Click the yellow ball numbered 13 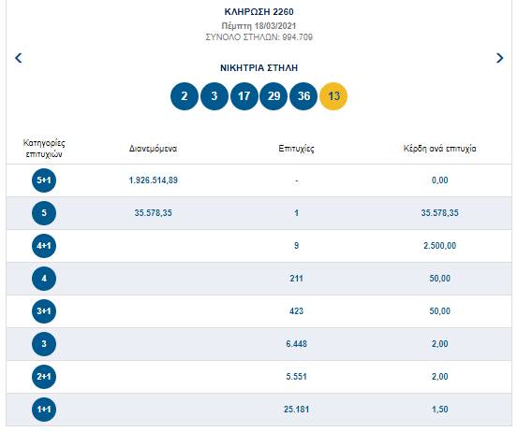[333, 96]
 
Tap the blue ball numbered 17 [244, 96]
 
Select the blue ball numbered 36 [303, 96]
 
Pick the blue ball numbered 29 [274, 96]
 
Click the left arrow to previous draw [19, 58]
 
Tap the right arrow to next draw [499, 58]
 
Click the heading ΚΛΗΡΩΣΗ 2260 [259, 12]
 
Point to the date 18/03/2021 [274, 26]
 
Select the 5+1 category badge [44, 180]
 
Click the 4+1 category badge [44, 246]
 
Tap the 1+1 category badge [44, 410]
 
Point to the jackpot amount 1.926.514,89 [154, 180]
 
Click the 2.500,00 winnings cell [439, 246]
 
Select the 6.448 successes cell [296, 343]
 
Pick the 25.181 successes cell [296, 410]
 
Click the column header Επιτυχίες [296, 149]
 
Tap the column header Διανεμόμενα [153, 149]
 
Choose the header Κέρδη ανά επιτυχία [439, 149]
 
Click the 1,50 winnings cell [439, 410]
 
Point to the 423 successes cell [296, 311]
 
